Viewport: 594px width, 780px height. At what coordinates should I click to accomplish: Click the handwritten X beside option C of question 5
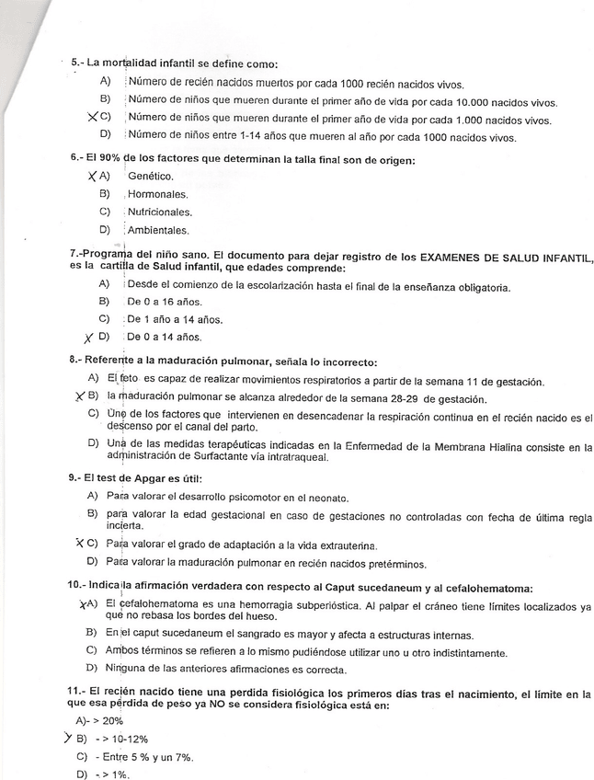91,118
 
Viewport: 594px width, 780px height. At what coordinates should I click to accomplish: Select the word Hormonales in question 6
157,195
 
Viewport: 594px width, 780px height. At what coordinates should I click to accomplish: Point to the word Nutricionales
159,212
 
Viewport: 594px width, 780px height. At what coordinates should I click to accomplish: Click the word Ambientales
158,230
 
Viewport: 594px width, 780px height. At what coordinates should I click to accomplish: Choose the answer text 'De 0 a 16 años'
165,302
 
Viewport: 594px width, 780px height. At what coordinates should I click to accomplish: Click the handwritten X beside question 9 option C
81,543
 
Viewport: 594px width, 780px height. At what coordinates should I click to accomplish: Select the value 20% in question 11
114,721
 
